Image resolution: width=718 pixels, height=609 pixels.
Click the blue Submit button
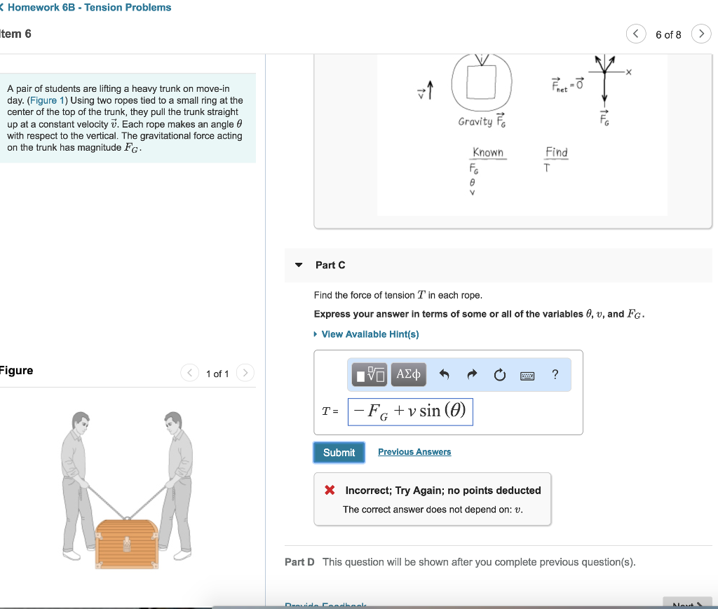[x=339, y=453]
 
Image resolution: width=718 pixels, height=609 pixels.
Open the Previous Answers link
[x=414, y=452]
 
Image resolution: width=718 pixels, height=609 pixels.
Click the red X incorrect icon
[x=330, y=491]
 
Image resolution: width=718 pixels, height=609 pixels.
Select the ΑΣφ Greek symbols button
[x=408, y=375]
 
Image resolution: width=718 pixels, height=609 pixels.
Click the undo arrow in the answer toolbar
[x=443, y=375]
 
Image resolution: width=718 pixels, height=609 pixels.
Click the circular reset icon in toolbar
[x=499, y=375]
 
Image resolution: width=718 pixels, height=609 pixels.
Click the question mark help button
[x=555, y=375]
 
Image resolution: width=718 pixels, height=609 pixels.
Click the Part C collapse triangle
[x=299, y=265]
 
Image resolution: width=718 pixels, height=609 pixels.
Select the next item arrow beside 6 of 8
[x=700, y=34]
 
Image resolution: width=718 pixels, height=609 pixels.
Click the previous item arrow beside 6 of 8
[x=636, y=34]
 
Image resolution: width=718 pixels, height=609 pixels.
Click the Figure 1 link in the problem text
[x=43, y=100]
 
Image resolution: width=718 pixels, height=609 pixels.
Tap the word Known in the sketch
[x=488, y=153]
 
